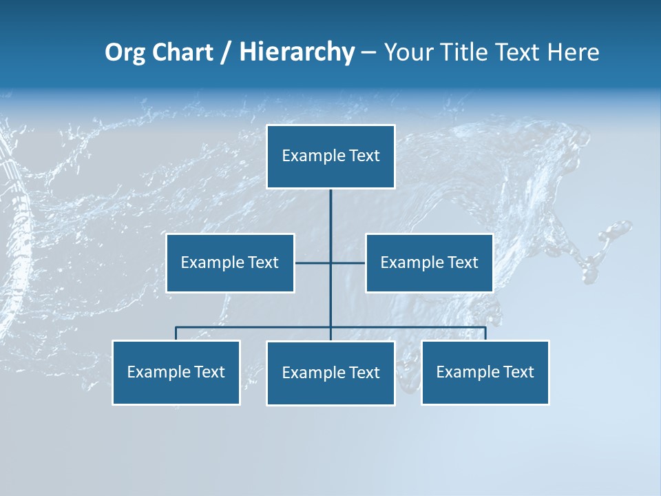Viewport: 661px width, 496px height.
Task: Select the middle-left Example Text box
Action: tap(230, 262)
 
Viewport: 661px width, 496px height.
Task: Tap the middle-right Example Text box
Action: tap(429, 262)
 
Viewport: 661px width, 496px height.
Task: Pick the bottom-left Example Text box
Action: tap(176, 372)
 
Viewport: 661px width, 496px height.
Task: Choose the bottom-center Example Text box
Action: tap(330, 373)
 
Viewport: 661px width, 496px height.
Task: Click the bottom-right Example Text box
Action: tap(485, 372)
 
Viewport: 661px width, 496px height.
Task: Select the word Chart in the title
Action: tap(180, 52)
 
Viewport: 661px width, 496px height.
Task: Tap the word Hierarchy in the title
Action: tap(297, 52)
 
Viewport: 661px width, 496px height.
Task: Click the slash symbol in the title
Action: tap(226, 53)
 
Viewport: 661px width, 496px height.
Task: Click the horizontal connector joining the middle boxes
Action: tap(313, 262)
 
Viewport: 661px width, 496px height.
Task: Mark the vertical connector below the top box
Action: tap(330, 214)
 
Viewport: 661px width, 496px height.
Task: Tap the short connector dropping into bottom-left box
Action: tap(176, 333)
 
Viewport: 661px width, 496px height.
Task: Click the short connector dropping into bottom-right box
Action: tap(485, 333)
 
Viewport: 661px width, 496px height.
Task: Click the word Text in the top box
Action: tap(364, 156)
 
